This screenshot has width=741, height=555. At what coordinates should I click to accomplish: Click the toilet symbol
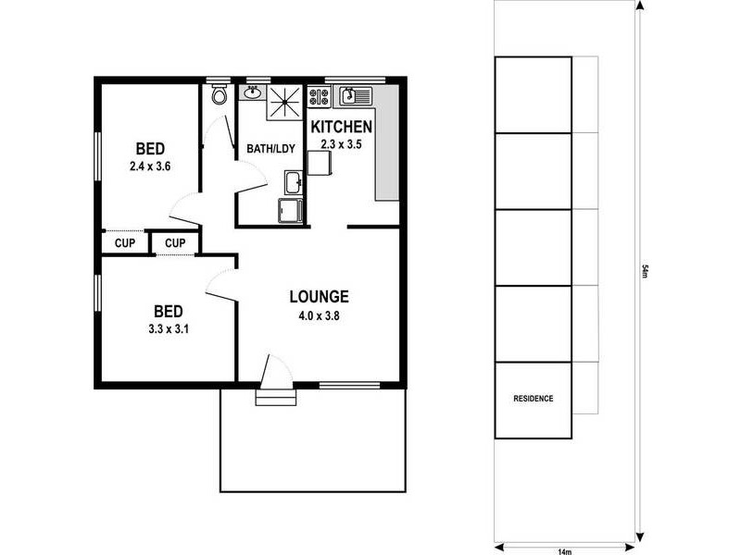click(x=219, y=94)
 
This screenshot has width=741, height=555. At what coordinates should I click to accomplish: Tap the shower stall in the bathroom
click(x=286, y=102)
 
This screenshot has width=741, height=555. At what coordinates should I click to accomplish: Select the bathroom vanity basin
click(x=252, y=92)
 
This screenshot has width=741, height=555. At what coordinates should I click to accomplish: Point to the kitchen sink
click(x=355, y=94)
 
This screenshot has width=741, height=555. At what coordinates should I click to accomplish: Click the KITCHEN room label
click(x=341, y=127)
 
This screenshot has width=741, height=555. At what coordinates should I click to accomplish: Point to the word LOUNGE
click(x=319, y=297)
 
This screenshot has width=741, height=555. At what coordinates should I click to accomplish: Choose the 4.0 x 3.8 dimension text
click(x=319, y=314)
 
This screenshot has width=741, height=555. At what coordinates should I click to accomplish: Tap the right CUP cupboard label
click(x=176, y=243)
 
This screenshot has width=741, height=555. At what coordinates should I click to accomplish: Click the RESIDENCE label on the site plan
click(x=533, y=400)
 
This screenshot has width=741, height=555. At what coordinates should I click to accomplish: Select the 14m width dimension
click(x=564, y=550)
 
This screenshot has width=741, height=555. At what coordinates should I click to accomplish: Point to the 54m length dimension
click(x=645, y=271)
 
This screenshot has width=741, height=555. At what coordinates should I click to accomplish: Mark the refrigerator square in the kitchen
click(x=319, y=163)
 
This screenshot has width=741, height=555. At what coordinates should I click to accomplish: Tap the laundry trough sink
click(x=293, y=181)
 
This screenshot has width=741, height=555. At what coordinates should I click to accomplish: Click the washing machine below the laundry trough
click(x=291, y=211)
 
